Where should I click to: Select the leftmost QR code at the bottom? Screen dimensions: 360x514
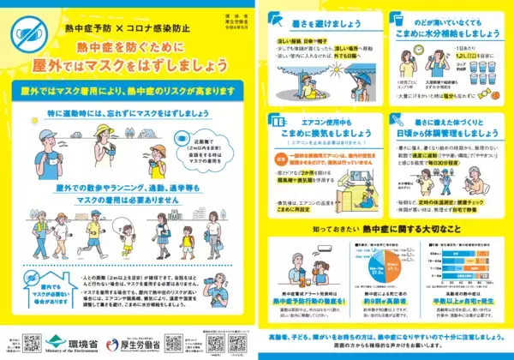point(33,342)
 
